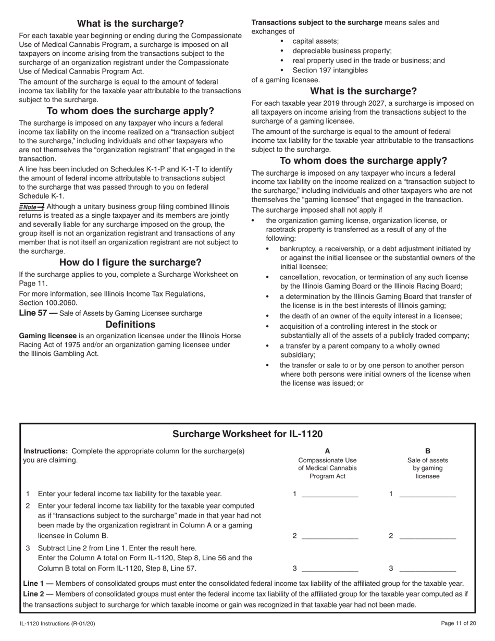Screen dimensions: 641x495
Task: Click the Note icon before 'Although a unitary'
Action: (32, 207)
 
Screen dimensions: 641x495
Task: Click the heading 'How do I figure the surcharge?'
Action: (130, 262)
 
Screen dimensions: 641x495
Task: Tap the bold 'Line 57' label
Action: (34, 313)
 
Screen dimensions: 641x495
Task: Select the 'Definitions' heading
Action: (130, 324)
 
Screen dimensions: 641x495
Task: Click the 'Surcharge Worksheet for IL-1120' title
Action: (247, 434)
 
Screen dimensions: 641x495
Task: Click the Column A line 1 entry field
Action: (330, 494)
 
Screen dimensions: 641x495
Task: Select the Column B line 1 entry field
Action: (427, 494)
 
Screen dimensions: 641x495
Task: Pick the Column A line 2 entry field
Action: (330, 535)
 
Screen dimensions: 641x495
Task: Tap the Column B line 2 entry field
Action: (427, 535)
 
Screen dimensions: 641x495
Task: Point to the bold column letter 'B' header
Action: (428, 451)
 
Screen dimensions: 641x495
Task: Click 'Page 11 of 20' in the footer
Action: (458, 623)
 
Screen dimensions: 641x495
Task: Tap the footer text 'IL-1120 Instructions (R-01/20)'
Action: (57, 623)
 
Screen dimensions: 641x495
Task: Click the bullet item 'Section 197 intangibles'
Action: (330, 70)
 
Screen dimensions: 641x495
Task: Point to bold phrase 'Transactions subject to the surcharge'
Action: (317, 22)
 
